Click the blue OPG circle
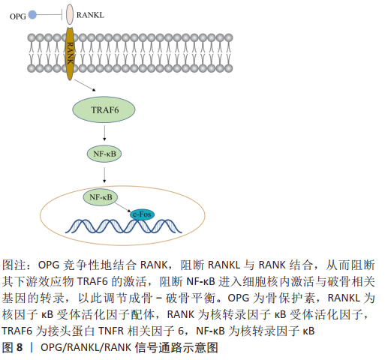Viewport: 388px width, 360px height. coord(32,15)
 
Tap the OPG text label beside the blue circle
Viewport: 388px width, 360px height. coord(18,16)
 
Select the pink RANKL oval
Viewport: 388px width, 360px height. coord(70,14)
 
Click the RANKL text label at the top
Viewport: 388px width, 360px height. coord(90,15)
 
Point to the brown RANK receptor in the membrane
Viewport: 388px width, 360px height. coord(70,54)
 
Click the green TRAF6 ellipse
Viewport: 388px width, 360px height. coord(104,109)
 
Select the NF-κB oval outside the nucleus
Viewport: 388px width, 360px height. coord(104,154)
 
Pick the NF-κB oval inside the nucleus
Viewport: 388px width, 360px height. coord(101,197)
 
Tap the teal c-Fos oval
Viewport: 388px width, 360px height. coord(142,214)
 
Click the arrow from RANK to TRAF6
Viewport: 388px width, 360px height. coord(85,85)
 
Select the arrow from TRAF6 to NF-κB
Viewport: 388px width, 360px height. coord(104,133)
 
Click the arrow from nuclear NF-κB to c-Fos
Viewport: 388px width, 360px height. coord(123,207)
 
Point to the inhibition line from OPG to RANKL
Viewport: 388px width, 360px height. coord(50,15)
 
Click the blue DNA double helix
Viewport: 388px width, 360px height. coord(123,226)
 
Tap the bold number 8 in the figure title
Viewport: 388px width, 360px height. coord(20,347)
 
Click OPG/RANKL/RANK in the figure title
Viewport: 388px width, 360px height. coord(86,347)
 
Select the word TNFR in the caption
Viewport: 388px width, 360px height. coord(111,331)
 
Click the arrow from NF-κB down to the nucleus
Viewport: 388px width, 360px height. coord(104,175)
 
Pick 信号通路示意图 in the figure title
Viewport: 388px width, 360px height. coord(176,347)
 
